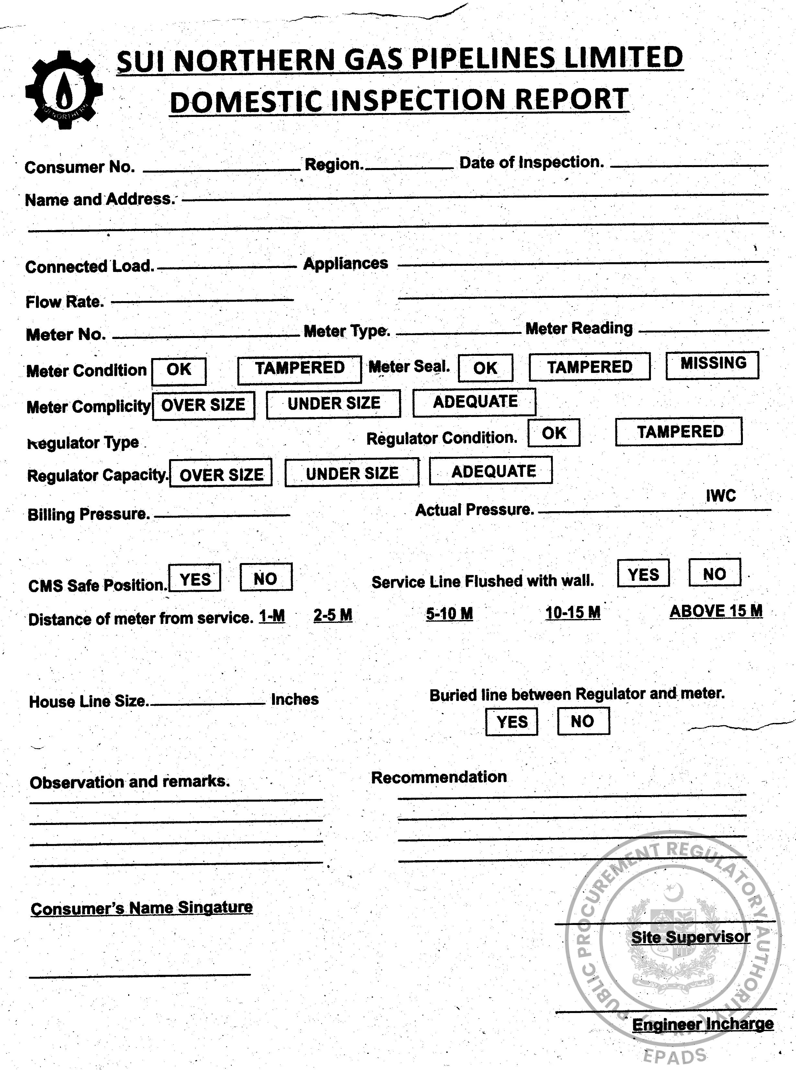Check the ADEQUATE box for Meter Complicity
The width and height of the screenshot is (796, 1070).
point(475,402)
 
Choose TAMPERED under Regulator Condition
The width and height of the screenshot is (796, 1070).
point(679,432)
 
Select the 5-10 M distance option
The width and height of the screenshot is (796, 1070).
point(449,614)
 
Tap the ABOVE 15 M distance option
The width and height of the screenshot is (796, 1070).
point(716,611)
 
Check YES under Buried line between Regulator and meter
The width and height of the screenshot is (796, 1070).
point(512,722)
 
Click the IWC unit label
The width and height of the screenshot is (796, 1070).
point(721,496)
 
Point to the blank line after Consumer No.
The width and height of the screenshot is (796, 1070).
point(222,169)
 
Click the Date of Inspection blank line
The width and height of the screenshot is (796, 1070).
point(689,165)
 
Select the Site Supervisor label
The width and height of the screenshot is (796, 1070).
point(690,937)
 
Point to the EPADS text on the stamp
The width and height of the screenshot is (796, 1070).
point(675,1056)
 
